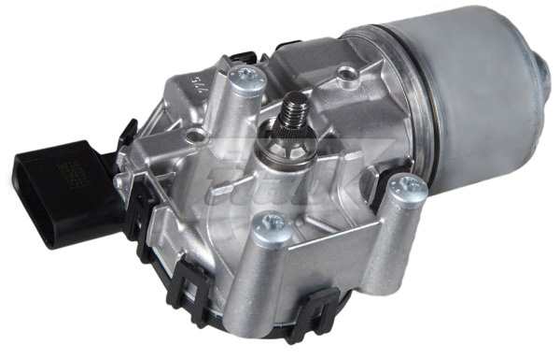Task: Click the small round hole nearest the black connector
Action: pyautogui.click(x=193, y=137)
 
